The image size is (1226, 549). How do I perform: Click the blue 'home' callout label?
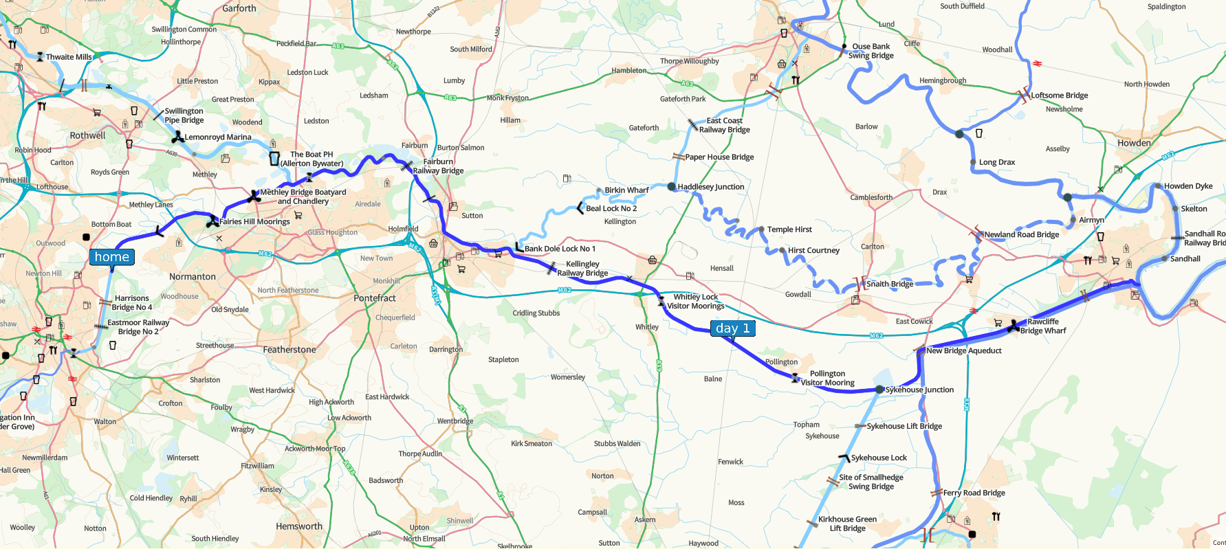(111, 257)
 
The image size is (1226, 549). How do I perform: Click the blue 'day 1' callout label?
(732, 328)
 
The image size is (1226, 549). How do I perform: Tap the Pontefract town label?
(375, 298)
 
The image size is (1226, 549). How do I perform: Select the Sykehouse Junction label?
(919, 390)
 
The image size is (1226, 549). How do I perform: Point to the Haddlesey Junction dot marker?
(672, 186)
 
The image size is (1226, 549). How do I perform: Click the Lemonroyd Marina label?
(218, 137)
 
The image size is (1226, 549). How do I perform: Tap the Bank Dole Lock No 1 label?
(560, 249)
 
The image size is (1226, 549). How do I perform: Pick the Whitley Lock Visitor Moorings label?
(695, 302)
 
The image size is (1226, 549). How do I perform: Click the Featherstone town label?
(289, 350)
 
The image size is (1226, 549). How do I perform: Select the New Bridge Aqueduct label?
(964, 350)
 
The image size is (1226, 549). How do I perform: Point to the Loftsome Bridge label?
(1059, 96)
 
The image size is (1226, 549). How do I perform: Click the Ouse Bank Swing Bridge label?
(871, 51)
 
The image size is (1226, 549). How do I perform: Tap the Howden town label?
(1134, 143)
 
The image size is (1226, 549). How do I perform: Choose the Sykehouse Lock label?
(879, 458)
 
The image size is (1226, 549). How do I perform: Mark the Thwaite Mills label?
(69, 57)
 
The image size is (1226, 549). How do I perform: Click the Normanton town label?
(193, 277)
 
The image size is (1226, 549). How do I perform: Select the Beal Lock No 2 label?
(611, 208)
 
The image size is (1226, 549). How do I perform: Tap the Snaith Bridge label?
(890, 284)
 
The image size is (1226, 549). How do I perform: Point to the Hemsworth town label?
(299, 526)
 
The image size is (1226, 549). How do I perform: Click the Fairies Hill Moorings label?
(254, 221)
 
